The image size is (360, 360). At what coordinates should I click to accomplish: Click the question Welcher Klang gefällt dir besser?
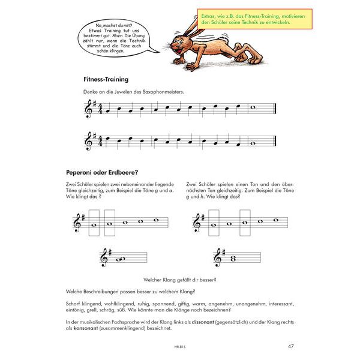point(180,280)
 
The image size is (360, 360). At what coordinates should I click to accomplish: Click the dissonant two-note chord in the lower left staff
point(120,259)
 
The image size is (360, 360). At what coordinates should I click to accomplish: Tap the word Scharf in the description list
point(76,304)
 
